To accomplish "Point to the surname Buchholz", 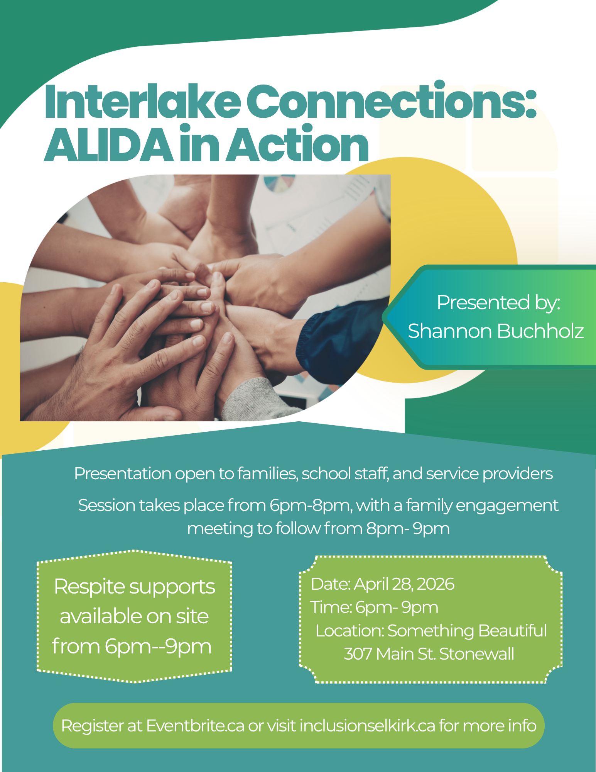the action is pyautogui.click(x=540, y=331).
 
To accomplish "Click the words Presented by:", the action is pyautogui.click(x=498, y=302).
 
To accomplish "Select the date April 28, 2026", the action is pyautogui.click(x=404, y=584).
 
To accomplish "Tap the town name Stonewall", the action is pyautogui.click(x=477, y=654).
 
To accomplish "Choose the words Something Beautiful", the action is pyautogui.click(x=467, y=631).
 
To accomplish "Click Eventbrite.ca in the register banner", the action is pyautogui.click(x=195, y=726).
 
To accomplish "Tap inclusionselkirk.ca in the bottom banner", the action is pyautogui.click(x=367, y=726).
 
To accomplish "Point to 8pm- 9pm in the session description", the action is pyautogui.click(x=408, y=528).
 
